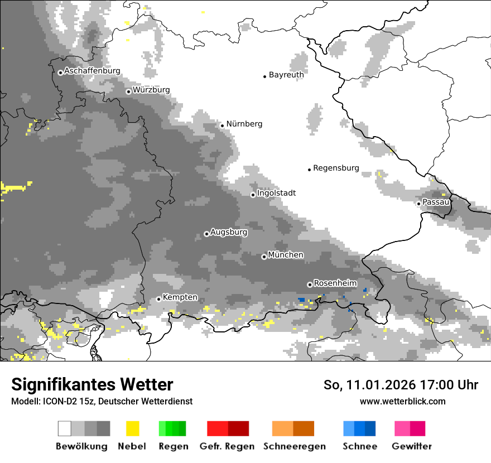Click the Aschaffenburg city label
pyautogui.click(x=92, y=71)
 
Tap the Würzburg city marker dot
pyautogui.click(x=128, y=91)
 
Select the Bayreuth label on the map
pyautogui.click(x=286, y=75)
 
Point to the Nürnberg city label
pyautogui.click(x=244, y=124)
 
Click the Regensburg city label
pyautogui.click(x=336, y=168)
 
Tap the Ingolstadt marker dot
pyautogui.click(x=253, y=195)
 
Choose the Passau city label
pyautogui.click(x=436, y=202)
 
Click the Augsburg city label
pyautogui.click(x=229, y=232)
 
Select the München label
pyautogui.click(x=286, y=255)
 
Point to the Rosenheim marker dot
pyautogui.click(x=310, y=284)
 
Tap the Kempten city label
pyautogui.click(x=180, y=297)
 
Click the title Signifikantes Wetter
pyautogui.click(x=92, y=384)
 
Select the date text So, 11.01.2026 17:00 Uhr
pyautogui.click(x=401, y=385)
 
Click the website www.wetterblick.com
pyautogui.click(x=402, y=401)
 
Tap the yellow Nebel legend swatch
pyautogui.click(x=132, y=428)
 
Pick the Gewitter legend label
pyautogui.click(x=412, y=446)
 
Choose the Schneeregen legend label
pyautogui.click(x=295, y=446)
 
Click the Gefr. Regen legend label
pyautogui.click(x=227, y=446)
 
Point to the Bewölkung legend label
pyautogui.click(x=81, y=446)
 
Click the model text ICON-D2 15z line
pyautogui.click(x=102, y=401)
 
